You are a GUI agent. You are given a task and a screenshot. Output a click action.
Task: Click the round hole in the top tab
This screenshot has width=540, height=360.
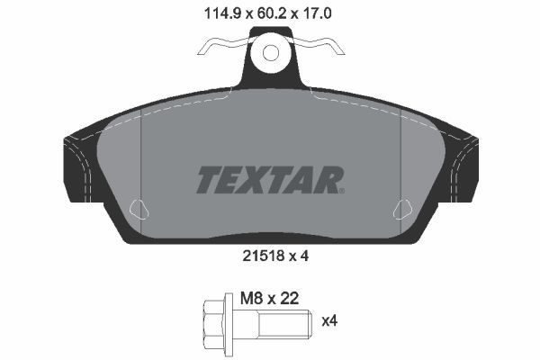tap(271, 53)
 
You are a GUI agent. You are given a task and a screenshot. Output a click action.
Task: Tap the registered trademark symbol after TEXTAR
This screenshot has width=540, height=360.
tap(340, 190)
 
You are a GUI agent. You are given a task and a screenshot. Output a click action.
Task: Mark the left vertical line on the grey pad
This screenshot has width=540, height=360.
tap(143, 162)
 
